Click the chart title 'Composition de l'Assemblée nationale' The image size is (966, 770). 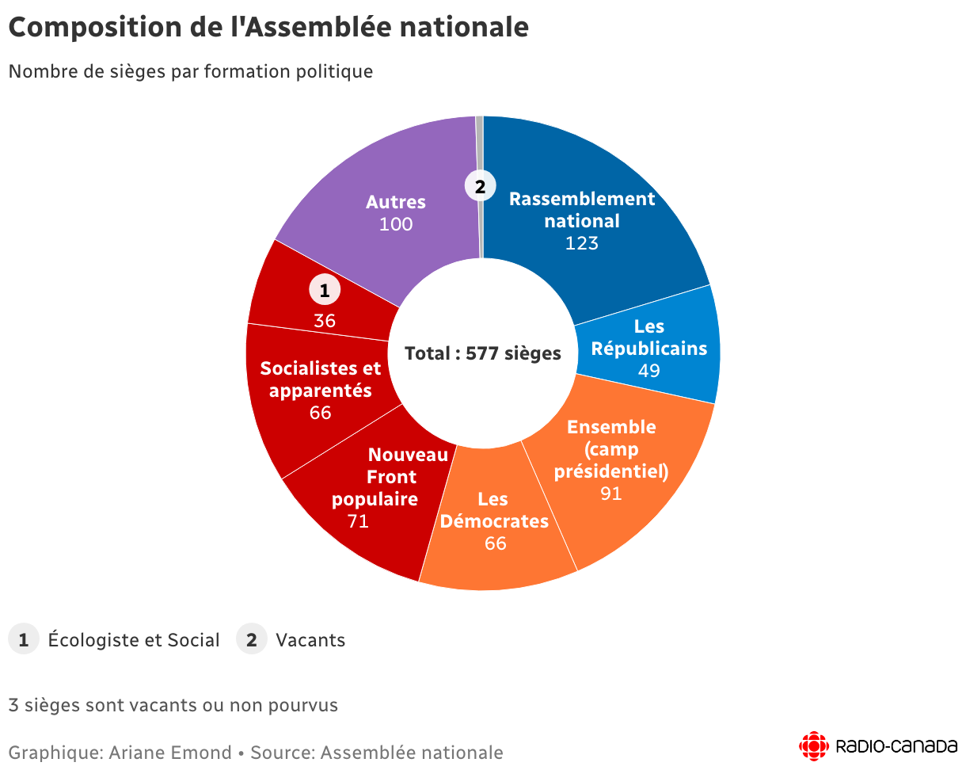pyautogui.click(x=268, y=27)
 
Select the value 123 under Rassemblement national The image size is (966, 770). pyautogui.click(x=581, y=243)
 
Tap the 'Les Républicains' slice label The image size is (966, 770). pyautogui.click(x=649, y=337)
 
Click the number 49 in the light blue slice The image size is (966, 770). pyautogui.click(x=649, y=371)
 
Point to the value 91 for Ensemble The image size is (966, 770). pyautogui.click(x=610, y=494)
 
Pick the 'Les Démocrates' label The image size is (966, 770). pyautogui.click(x=494, y=510)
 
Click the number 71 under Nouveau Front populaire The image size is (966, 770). pyautogui.click(x=358, y=521)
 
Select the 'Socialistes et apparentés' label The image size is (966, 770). pyautogui.click(x=321, y=379)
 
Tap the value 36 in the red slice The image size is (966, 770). pyautogui.click(x=325, y=321)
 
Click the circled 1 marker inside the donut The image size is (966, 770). pyautogui.click(x=324, y=290)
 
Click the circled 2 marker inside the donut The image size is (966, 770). pyautogui.click(x=480, y=187)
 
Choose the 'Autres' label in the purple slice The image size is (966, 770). pyautogui.click(x=396, y=202)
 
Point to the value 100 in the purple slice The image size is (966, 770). pyautogui.click(x=396, y=224)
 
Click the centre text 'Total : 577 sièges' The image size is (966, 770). pyautogui.click(x=483, y=353)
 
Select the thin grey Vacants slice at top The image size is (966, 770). pyautogui.click(x=480, y=143)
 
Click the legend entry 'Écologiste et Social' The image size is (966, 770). pyautogui.click(x=134, y=640)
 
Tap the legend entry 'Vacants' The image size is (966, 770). pyautogui.click(x=310, y=640)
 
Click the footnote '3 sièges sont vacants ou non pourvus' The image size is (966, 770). pyautogui.click(x=173, y=705)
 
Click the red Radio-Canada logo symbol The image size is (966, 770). pyautogui.click(x=814, y=746)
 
